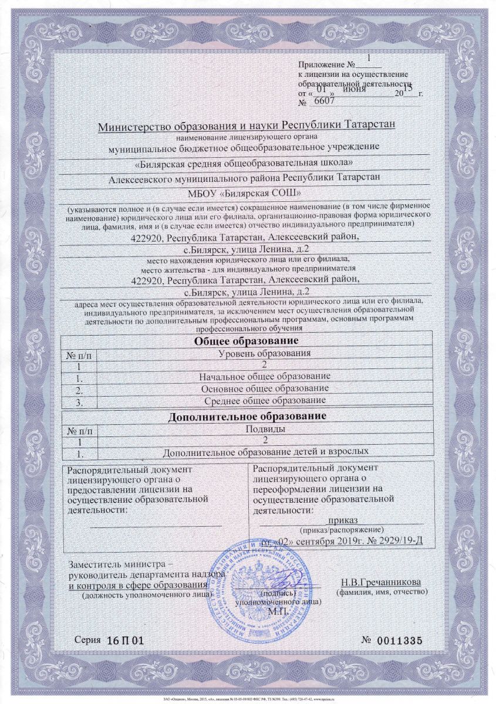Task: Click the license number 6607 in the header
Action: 325,101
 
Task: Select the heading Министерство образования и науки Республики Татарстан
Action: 247,126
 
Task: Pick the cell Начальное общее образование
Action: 264,375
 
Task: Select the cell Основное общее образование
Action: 264,388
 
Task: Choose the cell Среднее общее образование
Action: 264,401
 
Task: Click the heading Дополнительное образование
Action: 247,417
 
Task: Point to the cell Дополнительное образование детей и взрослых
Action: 265,452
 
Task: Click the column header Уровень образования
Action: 264,353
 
